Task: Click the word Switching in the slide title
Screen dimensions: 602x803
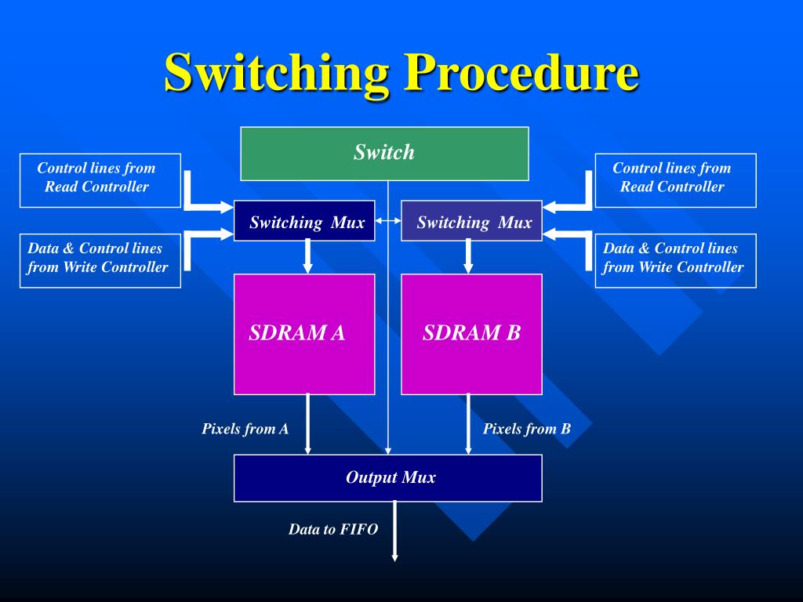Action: (x=276, y=72)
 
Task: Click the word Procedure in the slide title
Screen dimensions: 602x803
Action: (x=521, y=72)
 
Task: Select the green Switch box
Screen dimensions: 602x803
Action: (x=384, y=153)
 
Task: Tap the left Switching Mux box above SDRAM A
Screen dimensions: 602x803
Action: (x=304, y=221)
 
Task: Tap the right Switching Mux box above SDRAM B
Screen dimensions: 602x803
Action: (x=472, y=221)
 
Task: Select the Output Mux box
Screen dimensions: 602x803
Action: (x=388, y=477)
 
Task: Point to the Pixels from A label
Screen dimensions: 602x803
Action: (x=245, y=429)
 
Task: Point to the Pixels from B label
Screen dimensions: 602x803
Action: (x=526, y=429)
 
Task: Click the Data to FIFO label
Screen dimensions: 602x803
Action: (x=332, y=529)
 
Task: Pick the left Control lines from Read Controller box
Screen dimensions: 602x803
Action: (x=100, y=180)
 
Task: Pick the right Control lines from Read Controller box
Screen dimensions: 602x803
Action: (x=675, y=180)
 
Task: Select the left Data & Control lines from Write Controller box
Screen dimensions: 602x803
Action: (x=100, y=260)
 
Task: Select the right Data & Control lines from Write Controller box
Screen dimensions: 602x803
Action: (x=675, y=260)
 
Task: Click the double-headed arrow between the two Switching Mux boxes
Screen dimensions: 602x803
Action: (x=388, y=222)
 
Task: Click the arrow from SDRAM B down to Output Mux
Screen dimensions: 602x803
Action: (x=468, y=424)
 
